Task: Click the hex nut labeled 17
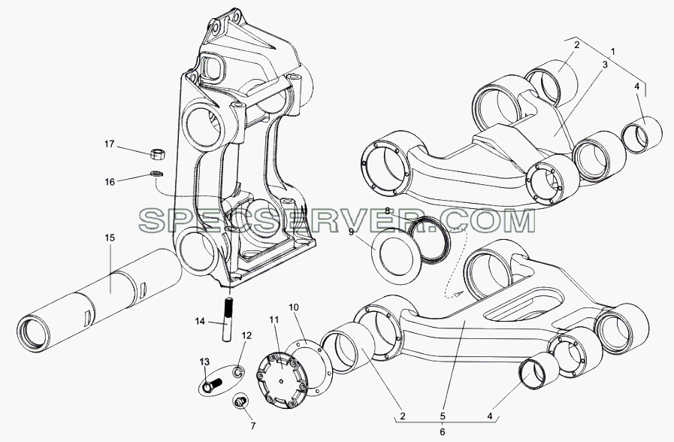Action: coord(159,153)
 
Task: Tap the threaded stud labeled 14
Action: coord(228,319)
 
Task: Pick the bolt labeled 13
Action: coord(213,385)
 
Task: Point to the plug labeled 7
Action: coord(240,401)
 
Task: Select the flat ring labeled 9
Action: coord(395,255)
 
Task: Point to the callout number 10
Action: coord(293,307)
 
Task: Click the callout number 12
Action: coord(246,335)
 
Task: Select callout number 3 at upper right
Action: coord(604,65)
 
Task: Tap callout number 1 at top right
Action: coord(613,52)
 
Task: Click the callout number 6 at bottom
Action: coord(443,431)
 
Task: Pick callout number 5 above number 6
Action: coord(443,416)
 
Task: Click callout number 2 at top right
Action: coord(577,44)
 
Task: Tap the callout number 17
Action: coord(109,144)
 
